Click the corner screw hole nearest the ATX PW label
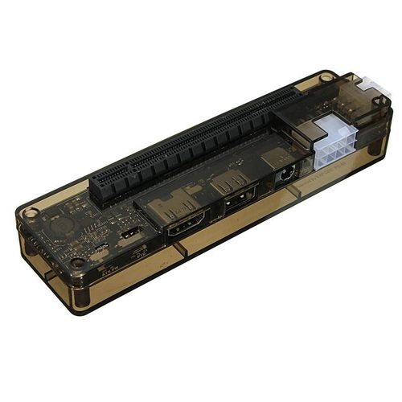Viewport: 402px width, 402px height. click(78, 263)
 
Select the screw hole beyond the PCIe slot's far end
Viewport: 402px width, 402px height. click(325, 78)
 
